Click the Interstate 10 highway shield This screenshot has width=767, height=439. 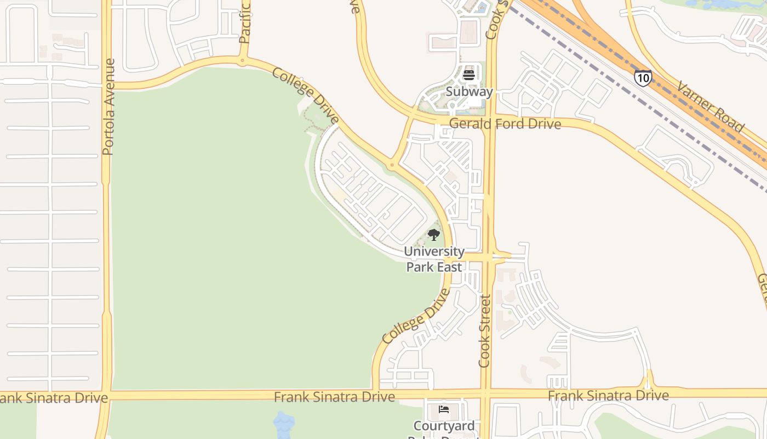coord(643,77)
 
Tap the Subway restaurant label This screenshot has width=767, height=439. coord(469,92)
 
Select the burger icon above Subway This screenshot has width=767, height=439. coord(469,75)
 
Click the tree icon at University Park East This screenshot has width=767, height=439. coord(434,235)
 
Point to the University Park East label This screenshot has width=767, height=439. coord(434,259)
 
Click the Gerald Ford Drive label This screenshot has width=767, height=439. coord(505,124)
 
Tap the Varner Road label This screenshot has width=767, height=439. coord(711,107)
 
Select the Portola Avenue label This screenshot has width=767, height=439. coord(108,106)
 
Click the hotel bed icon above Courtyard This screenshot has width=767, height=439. coord(444,409)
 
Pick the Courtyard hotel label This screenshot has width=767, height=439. coord(444,426)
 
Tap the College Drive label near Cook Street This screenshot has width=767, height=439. coord(416,317)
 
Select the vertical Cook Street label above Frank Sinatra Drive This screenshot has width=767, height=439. coord(485,331)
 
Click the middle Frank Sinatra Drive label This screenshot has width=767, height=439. coord(334,396)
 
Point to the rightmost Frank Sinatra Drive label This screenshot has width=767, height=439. coord(608,395)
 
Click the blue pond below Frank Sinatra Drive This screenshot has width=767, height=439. coord(283,424)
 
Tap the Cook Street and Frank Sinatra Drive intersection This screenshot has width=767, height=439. coord(485,393)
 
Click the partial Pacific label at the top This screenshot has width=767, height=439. coord(244,22)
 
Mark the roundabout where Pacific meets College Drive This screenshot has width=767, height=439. coord(242,61)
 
